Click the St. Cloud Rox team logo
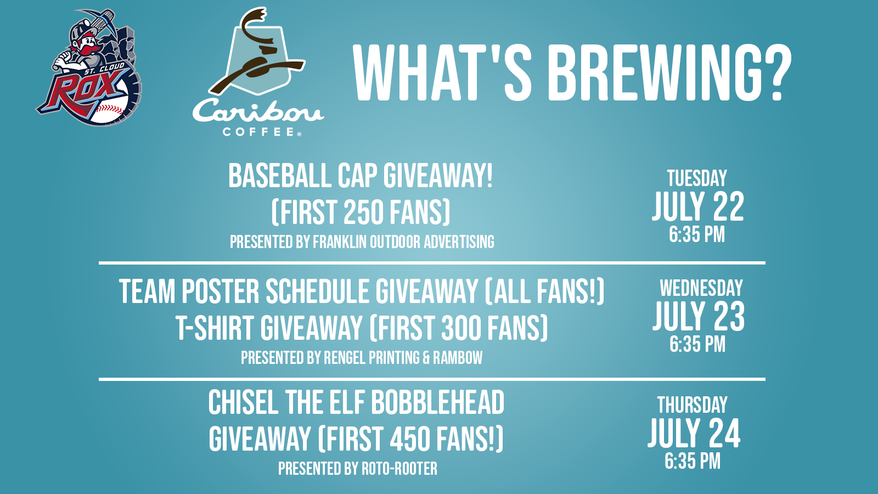click(x=89, y=68)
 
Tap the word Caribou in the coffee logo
click(x=258, y=111)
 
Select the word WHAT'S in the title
click(x=442, y=74)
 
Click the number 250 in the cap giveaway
click(x=362, y=212)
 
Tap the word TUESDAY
click(x=697, y=178)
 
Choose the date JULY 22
click(x=697, y=206)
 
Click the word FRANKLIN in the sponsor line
click(x=340, y=242)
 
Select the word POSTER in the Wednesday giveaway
click(x=220, y=291)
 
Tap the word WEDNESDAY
click(x=701, y=288)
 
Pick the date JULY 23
click(x=699, y=316)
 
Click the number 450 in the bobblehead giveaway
click(x=410, y=439)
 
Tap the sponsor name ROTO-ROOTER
click(x=399, y=469)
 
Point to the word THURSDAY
click(x=692, y=405)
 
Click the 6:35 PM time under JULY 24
click(x=693, y=461)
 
